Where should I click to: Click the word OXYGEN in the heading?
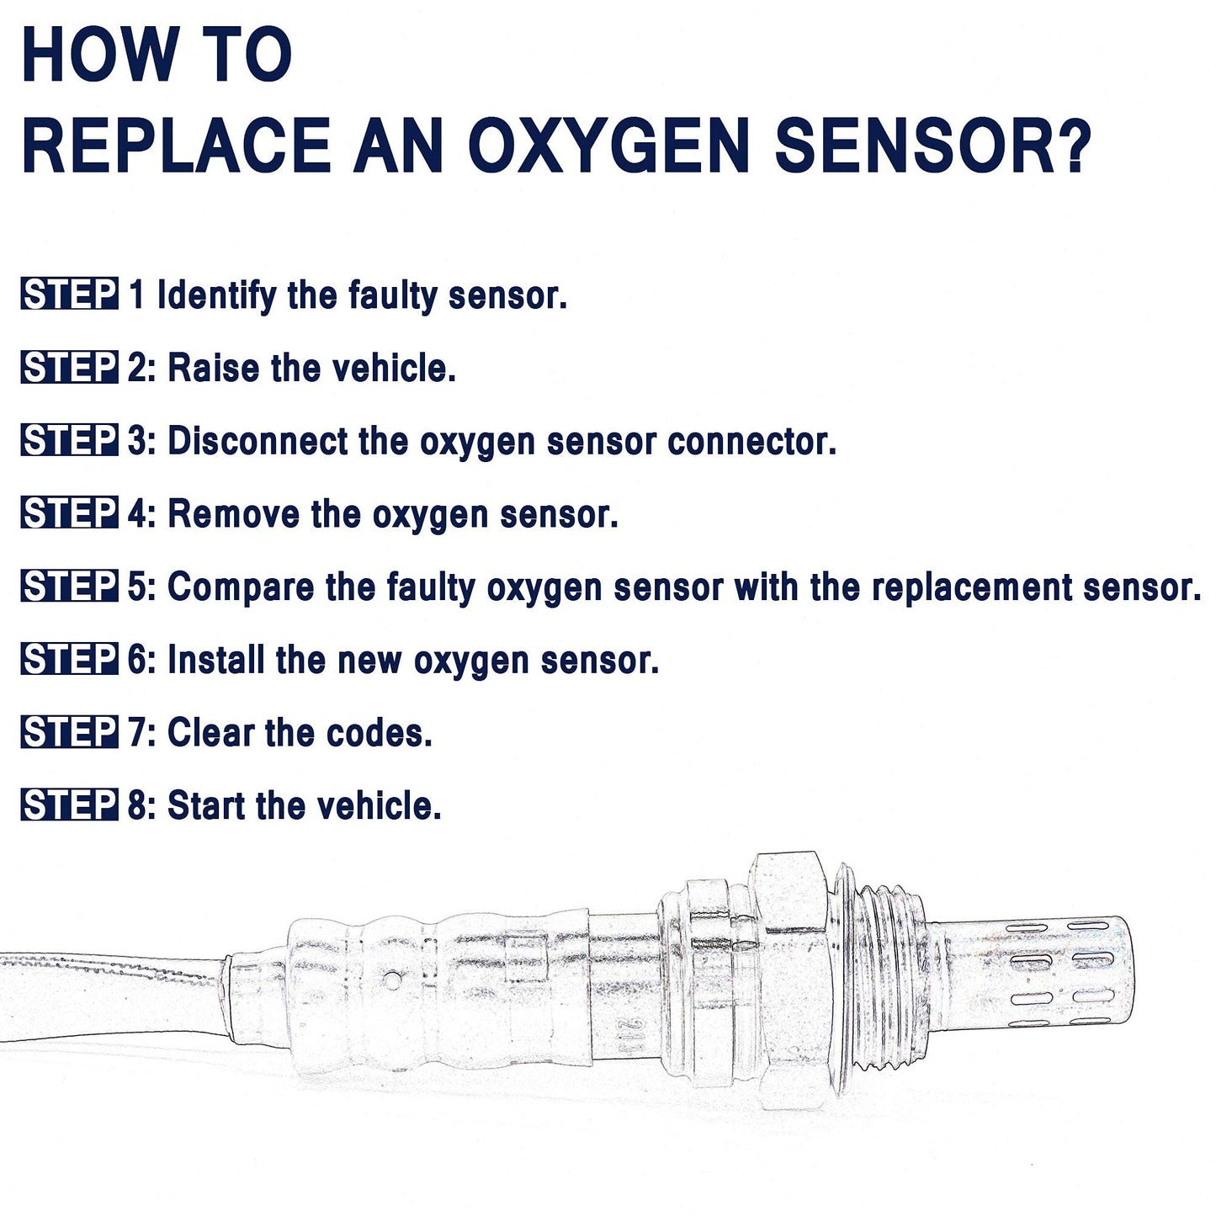coord(608,146)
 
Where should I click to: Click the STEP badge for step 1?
coord(69,295)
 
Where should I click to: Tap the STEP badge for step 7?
coord(69,732)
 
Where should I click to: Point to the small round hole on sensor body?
coord(390,980)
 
